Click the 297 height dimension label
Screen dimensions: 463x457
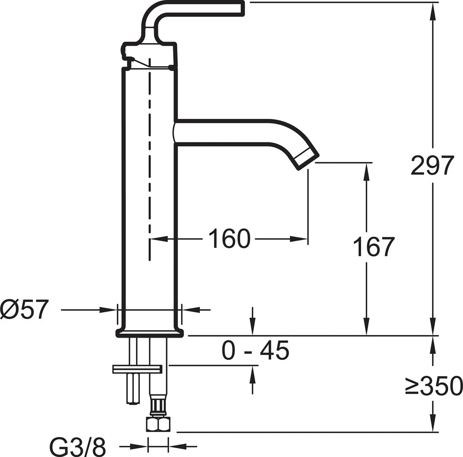(432, 165)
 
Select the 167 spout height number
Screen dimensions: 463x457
(374, 247)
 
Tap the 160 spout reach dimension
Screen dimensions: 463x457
(230, 239)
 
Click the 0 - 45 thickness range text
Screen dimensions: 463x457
(256, 350)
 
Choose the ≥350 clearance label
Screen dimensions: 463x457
(433, 386)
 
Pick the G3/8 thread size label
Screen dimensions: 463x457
(77, 446)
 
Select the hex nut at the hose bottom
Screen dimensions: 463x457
(158, 424)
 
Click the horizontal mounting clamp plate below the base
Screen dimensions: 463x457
(138, 369)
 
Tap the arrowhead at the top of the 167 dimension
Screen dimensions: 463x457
(366, 171)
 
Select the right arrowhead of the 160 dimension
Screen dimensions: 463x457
(299, 239)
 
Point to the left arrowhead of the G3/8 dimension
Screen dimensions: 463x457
(139, 446)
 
